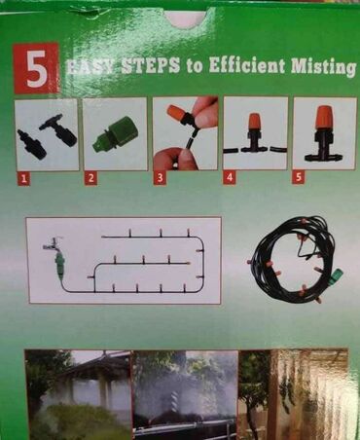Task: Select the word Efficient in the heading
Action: tap(246, 65)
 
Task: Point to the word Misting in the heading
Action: tap(323, 67)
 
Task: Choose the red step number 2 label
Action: tap(90, 178)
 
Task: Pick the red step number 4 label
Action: tap(230, 177)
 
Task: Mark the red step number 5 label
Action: tap(299, 177)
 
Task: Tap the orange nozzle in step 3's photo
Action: tap(176, 114)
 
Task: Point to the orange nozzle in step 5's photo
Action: tap(323, 117)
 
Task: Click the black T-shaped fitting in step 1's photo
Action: tap(59, 130)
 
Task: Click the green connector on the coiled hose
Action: tap(336, 276)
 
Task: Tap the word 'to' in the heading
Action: tap(194, 66)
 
